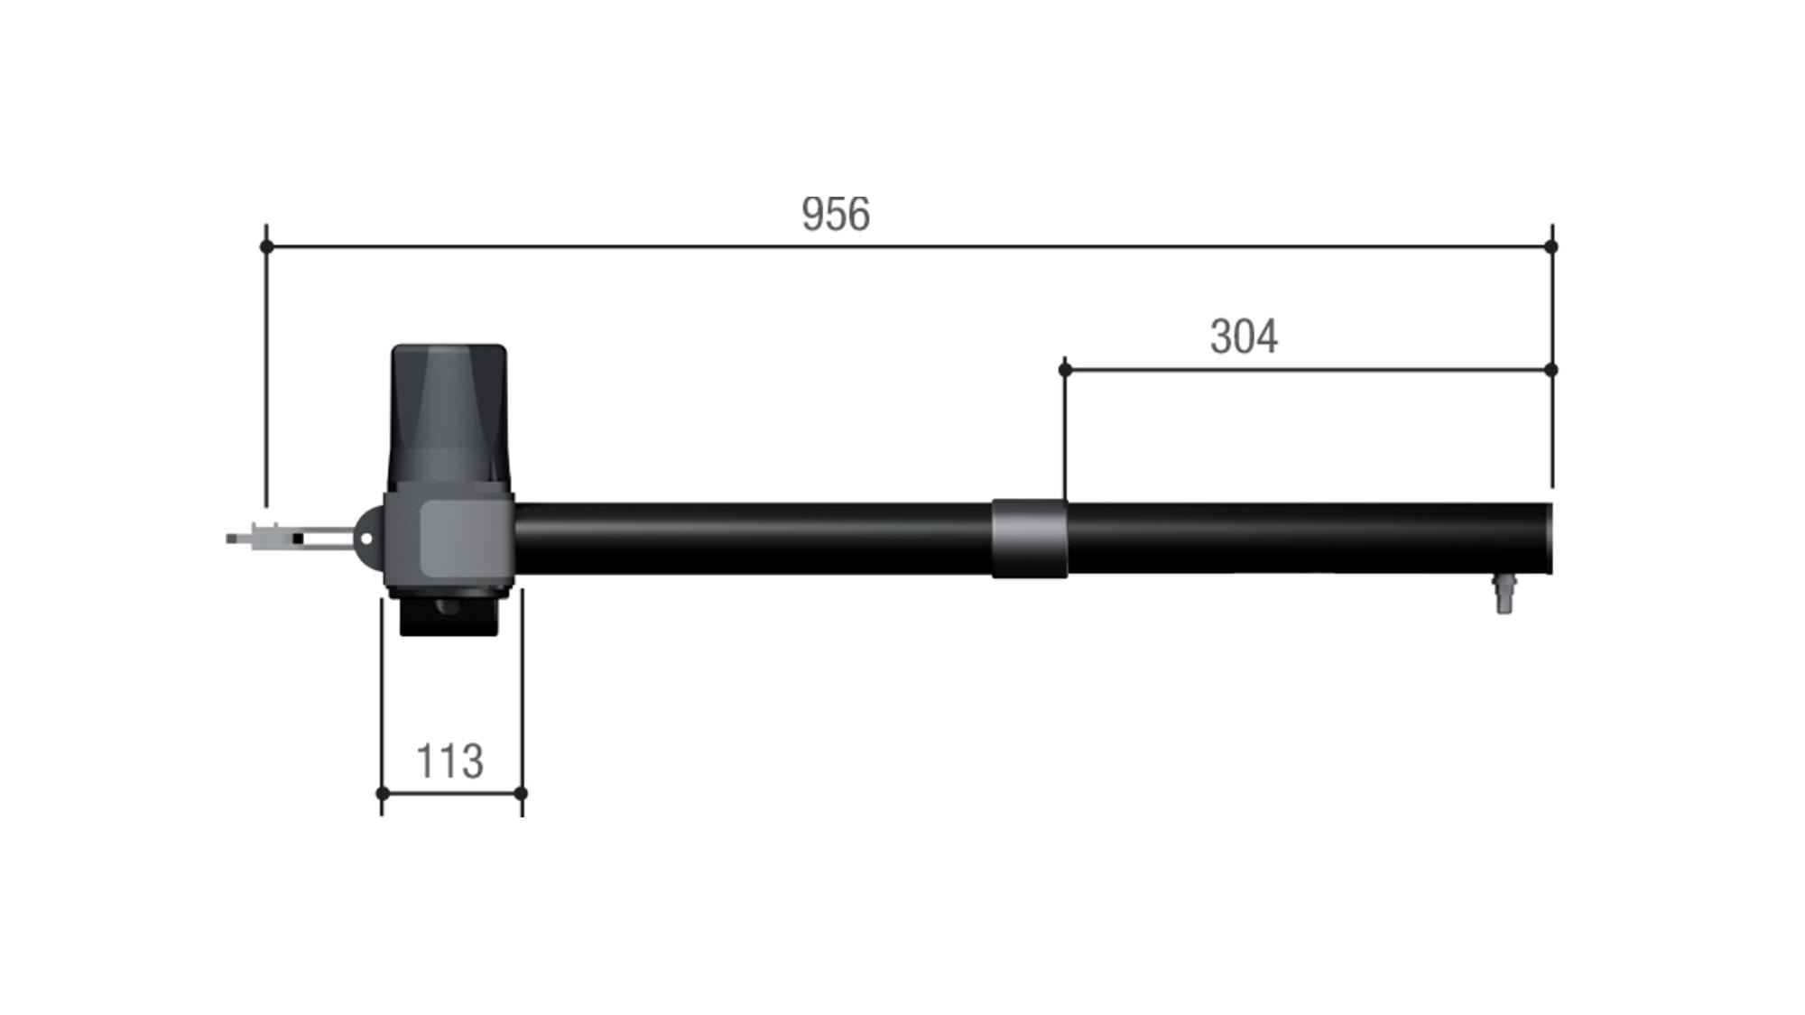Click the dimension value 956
coord(836,215)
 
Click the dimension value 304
coord(1244,337)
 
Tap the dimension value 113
coord(449,761)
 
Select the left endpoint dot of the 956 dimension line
coord(266,246)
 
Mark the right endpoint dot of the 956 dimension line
coord(1551,246)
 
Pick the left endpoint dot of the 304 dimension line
coord(1065,370)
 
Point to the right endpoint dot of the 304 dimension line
coord(1551,370)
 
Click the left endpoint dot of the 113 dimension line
coord(382,793)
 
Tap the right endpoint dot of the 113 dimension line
coord(521,793)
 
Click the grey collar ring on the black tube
coord(1030,539)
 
